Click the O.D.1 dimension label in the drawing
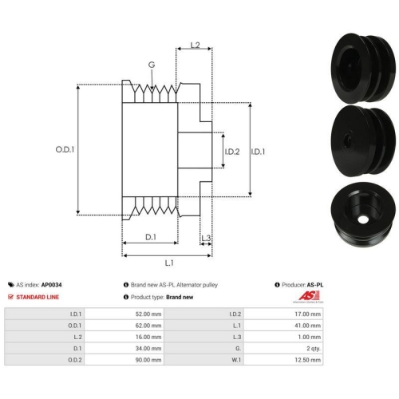[65, 149]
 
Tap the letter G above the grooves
[152, 65]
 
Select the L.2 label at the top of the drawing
[195, 45]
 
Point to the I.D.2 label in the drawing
[232, 152]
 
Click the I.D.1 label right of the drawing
[258, 152]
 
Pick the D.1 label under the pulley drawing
[151, 237]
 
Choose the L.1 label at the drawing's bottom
[169, 263]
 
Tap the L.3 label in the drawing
[206, 238]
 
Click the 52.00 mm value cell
[124, 314]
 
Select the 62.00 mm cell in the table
[124, 326]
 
